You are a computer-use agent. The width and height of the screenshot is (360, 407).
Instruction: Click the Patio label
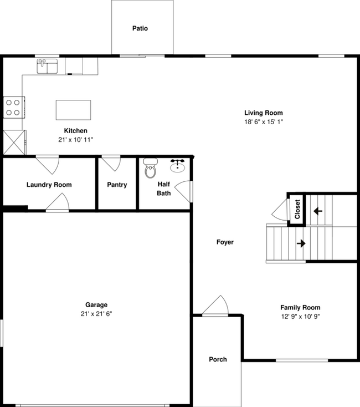point(140,28)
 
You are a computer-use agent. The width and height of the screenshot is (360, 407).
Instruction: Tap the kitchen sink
point(48,67)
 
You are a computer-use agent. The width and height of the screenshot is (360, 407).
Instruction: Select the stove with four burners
point(13,106)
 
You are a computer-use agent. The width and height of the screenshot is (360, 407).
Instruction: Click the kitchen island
point(73,110)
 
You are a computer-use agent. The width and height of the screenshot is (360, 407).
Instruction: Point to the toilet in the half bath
point(150,169)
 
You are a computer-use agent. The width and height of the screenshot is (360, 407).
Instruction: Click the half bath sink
point(178,166)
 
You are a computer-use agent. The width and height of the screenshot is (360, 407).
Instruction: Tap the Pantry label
point(117,185)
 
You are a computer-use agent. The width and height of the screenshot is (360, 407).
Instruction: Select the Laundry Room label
point(49,185)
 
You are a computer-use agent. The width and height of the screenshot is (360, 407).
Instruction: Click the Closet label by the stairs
point(297,209)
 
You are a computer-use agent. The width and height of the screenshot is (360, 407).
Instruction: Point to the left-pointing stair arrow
point(318,211)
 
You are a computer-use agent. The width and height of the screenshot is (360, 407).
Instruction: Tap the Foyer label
point(225,242)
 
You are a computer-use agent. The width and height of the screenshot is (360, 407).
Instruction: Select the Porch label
point(218,359)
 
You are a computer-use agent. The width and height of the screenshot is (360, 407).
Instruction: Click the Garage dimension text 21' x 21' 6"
point(96,313)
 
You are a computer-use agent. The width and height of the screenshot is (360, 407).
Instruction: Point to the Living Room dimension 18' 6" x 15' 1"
point(264,121)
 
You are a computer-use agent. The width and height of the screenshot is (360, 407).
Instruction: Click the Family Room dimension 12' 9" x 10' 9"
point(300,316)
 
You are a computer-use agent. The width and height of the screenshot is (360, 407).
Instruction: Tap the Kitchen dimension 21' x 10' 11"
point(75,139)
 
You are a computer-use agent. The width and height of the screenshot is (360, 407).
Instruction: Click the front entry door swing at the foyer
point(215,307)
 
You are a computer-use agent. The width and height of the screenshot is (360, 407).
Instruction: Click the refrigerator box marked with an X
point(14,142)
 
